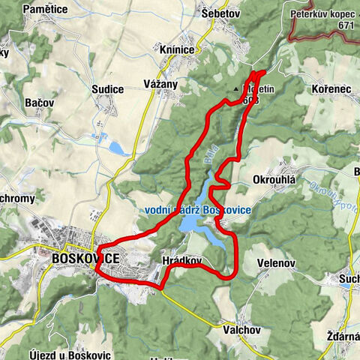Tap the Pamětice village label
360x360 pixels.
coord(25,8)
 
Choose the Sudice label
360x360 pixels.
coord(107,89)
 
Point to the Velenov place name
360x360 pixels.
coord(277,263)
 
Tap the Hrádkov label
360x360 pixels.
coord(181,260)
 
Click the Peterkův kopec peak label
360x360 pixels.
coord(325,13)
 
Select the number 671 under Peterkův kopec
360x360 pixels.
coord(345,25)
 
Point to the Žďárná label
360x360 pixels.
coord(343,336)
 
